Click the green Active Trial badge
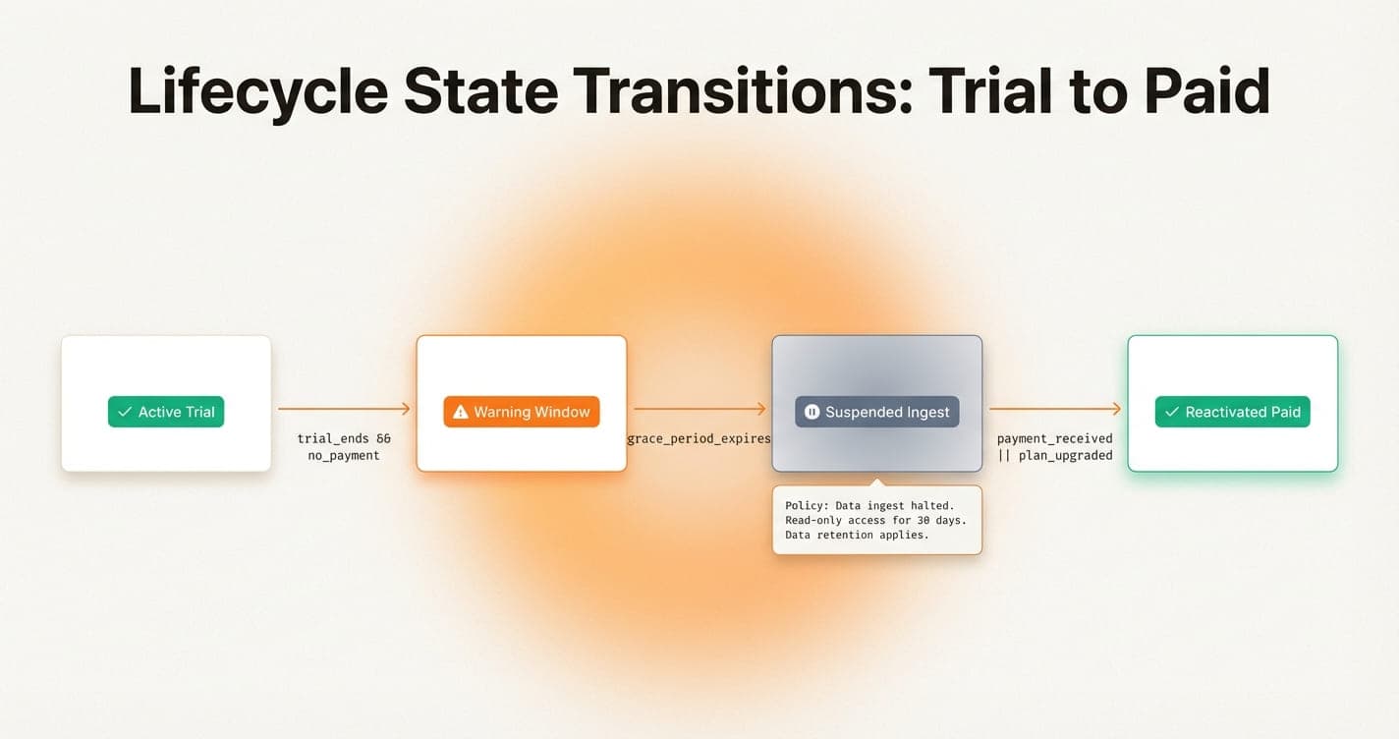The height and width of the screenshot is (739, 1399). (x=166, y=412)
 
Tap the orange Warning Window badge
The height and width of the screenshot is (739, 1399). (x=521, y=412)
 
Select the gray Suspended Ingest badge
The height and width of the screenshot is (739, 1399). (x=876, y=412)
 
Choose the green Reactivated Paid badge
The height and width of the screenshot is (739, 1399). (x=1232, y=412)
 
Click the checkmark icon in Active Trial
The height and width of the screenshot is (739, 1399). (x=125, y=412)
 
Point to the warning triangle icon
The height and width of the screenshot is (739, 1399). (x=460, y=412)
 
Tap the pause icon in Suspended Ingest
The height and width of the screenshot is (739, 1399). (x=811, y=412)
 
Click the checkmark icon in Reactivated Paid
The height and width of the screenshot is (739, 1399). (x=1171, y=412)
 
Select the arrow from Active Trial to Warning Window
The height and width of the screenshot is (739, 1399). (x=344, y=408)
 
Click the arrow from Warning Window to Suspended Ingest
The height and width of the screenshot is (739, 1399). (x=699, y=408)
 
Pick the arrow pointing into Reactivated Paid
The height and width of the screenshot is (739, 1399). (x=1055, y=408)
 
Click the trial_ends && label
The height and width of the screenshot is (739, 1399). (x=344, y=438)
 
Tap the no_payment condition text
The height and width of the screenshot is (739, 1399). (x=344, y=456)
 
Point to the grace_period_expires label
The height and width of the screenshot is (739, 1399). (x=699, y=438)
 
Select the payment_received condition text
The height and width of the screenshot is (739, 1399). (x=1055, y=438)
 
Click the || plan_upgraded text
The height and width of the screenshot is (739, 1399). (x=1055, y=456)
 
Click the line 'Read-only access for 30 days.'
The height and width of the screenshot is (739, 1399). (x=875, y=520)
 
